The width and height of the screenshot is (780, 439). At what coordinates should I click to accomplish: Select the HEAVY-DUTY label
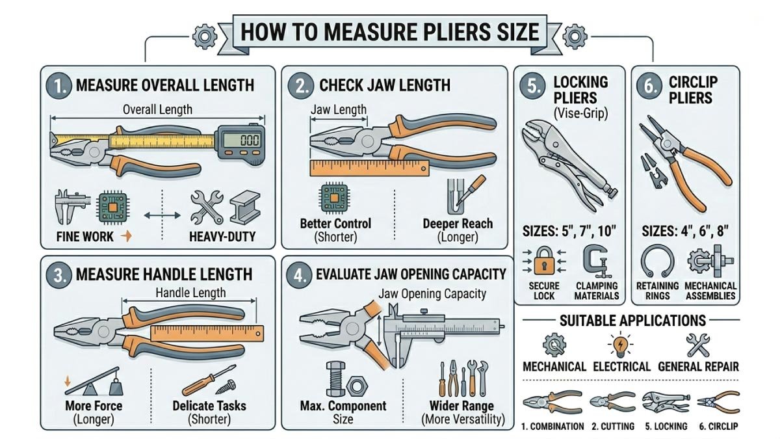point(222,237)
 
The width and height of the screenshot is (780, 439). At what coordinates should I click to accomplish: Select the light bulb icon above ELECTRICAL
point(616,343)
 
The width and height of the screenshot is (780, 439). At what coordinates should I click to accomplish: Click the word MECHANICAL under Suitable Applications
point(554,366)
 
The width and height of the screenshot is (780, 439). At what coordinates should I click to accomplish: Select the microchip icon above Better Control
point(335,196)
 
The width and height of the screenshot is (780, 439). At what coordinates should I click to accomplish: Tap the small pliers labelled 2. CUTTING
point(612,401)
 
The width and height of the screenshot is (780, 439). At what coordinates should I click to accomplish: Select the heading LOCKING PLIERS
point(580,88)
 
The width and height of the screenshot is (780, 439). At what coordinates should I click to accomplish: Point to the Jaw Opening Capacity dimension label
point(432,293)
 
